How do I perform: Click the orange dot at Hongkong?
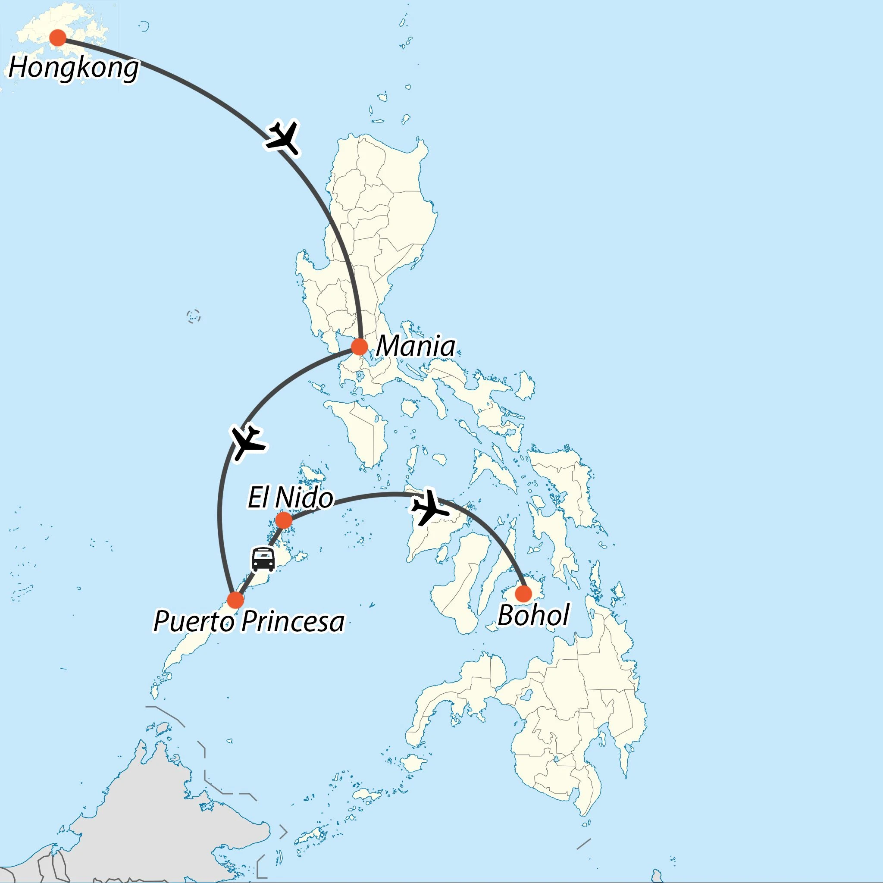point(58,38)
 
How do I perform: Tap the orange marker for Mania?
point(359,347)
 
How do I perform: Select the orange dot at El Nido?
point(284,520)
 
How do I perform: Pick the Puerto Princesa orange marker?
point(235,600)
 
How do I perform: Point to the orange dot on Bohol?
point(523,594)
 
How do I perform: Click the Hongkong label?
point(74,68)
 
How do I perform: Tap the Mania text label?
point(416,347)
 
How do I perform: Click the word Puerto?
point(194,622)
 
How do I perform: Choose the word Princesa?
point(292,622)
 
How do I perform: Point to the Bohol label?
point(533,615)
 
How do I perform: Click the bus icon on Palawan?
point(263,559)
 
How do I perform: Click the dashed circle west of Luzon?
point(194,316)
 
